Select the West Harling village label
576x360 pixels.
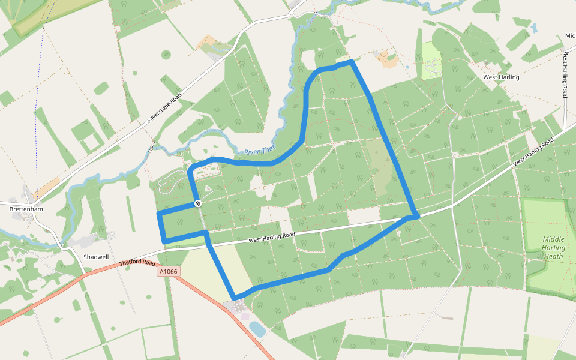(501, 77)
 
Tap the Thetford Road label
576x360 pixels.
(137, 263)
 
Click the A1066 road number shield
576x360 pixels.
(169, 272)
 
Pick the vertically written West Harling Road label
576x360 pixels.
(565, 75)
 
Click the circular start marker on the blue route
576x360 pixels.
(197, 204)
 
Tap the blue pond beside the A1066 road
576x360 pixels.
(256, 328)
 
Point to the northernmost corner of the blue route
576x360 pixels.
(351, 62)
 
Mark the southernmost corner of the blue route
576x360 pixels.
(235, 298)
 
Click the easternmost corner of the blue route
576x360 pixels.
(416, 215)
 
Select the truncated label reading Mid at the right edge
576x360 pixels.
(570, 35)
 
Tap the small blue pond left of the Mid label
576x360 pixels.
(532, 28)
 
